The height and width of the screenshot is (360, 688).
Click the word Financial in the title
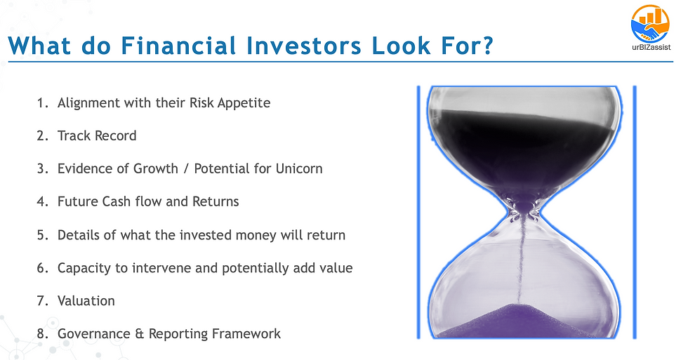(x=178, y=46)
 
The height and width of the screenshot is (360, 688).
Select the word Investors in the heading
(x=303, y=46)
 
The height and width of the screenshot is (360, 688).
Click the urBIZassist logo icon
(x=650, y=24)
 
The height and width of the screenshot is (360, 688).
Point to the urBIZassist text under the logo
(x=651, y=47)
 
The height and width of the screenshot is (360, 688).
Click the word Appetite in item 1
(x=244, y=103)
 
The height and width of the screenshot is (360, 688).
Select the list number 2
(x=43, y=136)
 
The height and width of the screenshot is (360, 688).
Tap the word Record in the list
(x=116, y=136)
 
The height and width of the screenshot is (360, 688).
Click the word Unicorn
(x=299, y=169)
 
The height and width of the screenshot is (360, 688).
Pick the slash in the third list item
(x=186, y=169)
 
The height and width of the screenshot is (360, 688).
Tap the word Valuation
(x=86, y=301)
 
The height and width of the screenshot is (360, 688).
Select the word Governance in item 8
(x=94, y=334)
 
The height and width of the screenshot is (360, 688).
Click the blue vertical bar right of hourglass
(x=635, y=212)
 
